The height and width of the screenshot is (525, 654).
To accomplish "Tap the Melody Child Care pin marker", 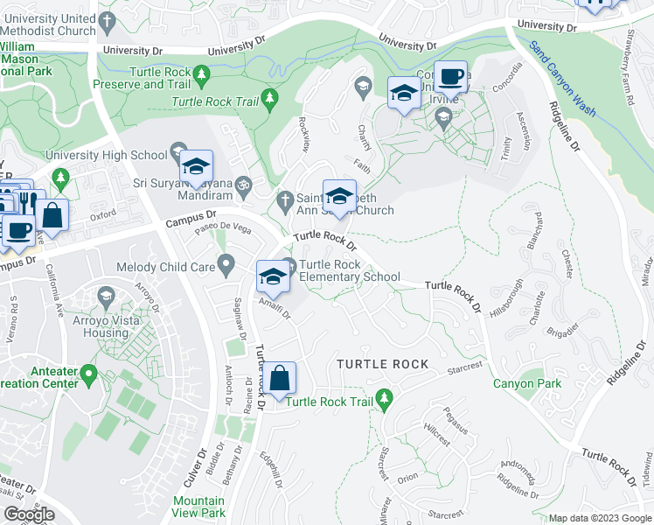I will (x=226, y=262).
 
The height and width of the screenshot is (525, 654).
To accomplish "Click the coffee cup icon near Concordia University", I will (x=451, y=76).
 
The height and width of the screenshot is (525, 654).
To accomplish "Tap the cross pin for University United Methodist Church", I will (x=107, y=20).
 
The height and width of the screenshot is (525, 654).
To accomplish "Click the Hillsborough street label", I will (x=507, y=298).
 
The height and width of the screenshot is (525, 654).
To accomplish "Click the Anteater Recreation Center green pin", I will (x=88, y=376).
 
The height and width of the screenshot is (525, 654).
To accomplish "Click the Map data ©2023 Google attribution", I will (x=600, y=518).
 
